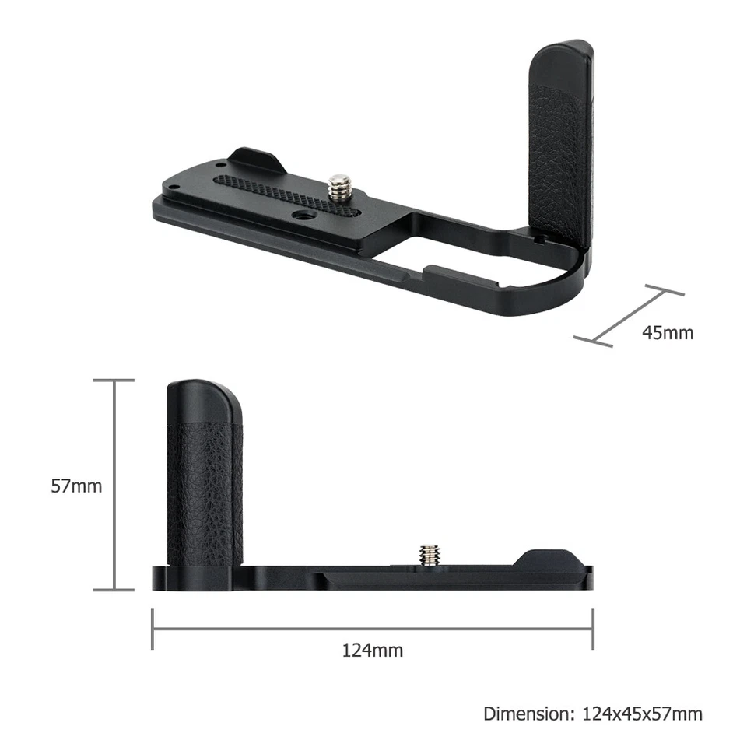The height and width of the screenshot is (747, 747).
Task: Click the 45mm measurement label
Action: [667, 333]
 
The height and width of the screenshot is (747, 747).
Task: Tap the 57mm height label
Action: [76, 486]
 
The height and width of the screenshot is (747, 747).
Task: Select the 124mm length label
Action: [373, 650]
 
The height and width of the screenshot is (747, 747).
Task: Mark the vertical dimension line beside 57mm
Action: [114, 486]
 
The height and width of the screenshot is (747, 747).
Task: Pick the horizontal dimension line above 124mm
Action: [373, 629]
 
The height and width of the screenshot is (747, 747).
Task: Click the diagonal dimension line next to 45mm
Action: [629, 315]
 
